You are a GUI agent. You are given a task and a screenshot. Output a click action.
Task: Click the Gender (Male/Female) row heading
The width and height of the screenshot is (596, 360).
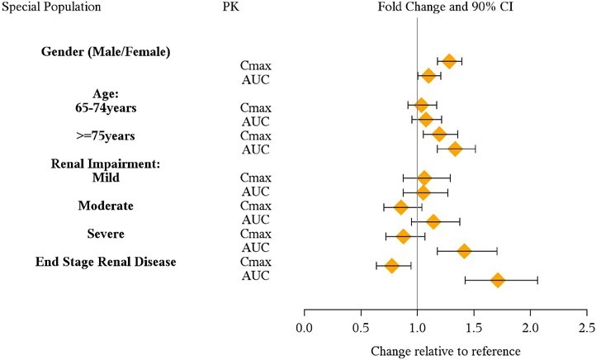(106, 52)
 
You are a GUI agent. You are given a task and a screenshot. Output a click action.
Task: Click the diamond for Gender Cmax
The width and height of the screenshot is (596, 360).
(449, 61)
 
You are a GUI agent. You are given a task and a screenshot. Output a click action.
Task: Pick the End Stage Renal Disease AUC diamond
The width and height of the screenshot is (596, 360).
(498, 281)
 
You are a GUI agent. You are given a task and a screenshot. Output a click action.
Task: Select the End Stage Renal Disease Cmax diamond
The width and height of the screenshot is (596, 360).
(392, 266)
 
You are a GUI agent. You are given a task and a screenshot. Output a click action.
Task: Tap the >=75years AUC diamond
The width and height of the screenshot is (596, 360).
(455, 149)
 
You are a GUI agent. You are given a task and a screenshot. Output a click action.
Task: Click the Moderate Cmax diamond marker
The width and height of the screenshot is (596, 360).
(401, 207)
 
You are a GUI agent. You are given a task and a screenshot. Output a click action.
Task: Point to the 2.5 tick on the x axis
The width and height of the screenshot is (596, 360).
(586, 328)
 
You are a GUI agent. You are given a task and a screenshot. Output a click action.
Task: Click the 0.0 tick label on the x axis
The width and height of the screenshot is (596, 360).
(304, 328)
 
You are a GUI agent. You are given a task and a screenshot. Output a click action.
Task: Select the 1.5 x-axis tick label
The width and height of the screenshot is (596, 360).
(474, 328)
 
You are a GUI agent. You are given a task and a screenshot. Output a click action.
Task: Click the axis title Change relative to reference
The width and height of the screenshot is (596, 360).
(446, 350)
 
